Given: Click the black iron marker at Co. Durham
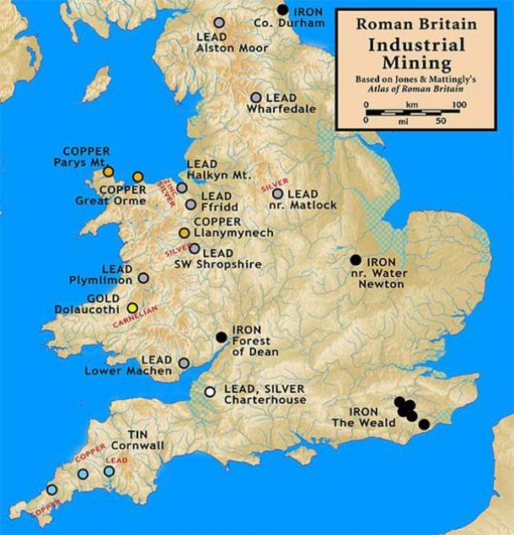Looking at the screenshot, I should coord(283,9).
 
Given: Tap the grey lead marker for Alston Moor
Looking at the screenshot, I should coord(219,23).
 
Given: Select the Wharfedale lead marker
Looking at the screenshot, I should coord(256,98).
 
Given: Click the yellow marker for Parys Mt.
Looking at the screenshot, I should coord(108,171).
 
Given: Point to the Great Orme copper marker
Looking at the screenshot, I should coord(138,177).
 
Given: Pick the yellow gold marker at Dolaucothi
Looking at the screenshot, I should coord(132,307).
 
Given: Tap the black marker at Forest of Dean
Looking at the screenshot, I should coord(221,337).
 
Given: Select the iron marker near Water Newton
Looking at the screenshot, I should coord(356,259).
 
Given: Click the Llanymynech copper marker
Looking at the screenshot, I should coord(184,232).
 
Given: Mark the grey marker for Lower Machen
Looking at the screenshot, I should coord(184,364).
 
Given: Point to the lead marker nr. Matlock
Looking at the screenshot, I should coord(277,194).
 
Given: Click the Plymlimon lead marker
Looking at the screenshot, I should coord(143,278).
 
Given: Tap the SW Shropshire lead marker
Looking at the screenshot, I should coord(195,249).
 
